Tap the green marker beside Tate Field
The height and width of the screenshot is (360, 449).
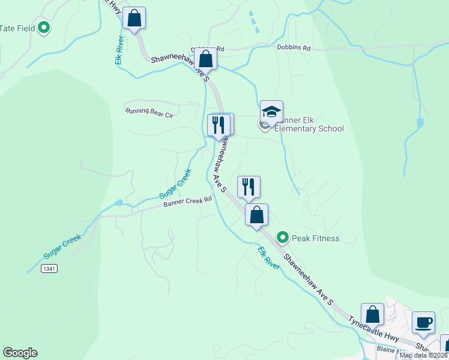(44, 27)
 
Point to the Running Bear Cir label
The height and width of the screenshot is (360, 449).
(149, 112)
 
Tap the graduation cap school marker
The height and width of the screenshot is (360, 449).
(271, 112)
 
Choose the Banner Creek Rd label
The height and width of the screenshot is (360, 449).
(188, 202)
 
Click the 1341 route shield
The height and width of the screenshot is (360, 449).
(50, 269)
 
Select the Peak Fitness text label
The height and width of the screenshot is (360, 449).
(315, 238)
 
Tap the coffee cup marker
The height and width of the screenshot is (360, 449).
(424, 322)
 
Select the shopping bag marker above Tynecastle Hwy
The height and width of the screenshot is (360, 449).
(372, 314)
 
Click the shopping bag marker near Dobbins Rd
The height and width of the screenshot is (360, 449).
(205, 59)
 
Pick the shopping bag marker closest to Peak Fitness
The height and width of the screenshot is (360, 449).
(256, 215)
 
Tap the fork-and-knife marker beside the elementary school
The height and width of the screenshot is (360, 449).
(218, 125)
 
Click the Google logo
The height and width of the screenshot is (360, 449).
(20, 353)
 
